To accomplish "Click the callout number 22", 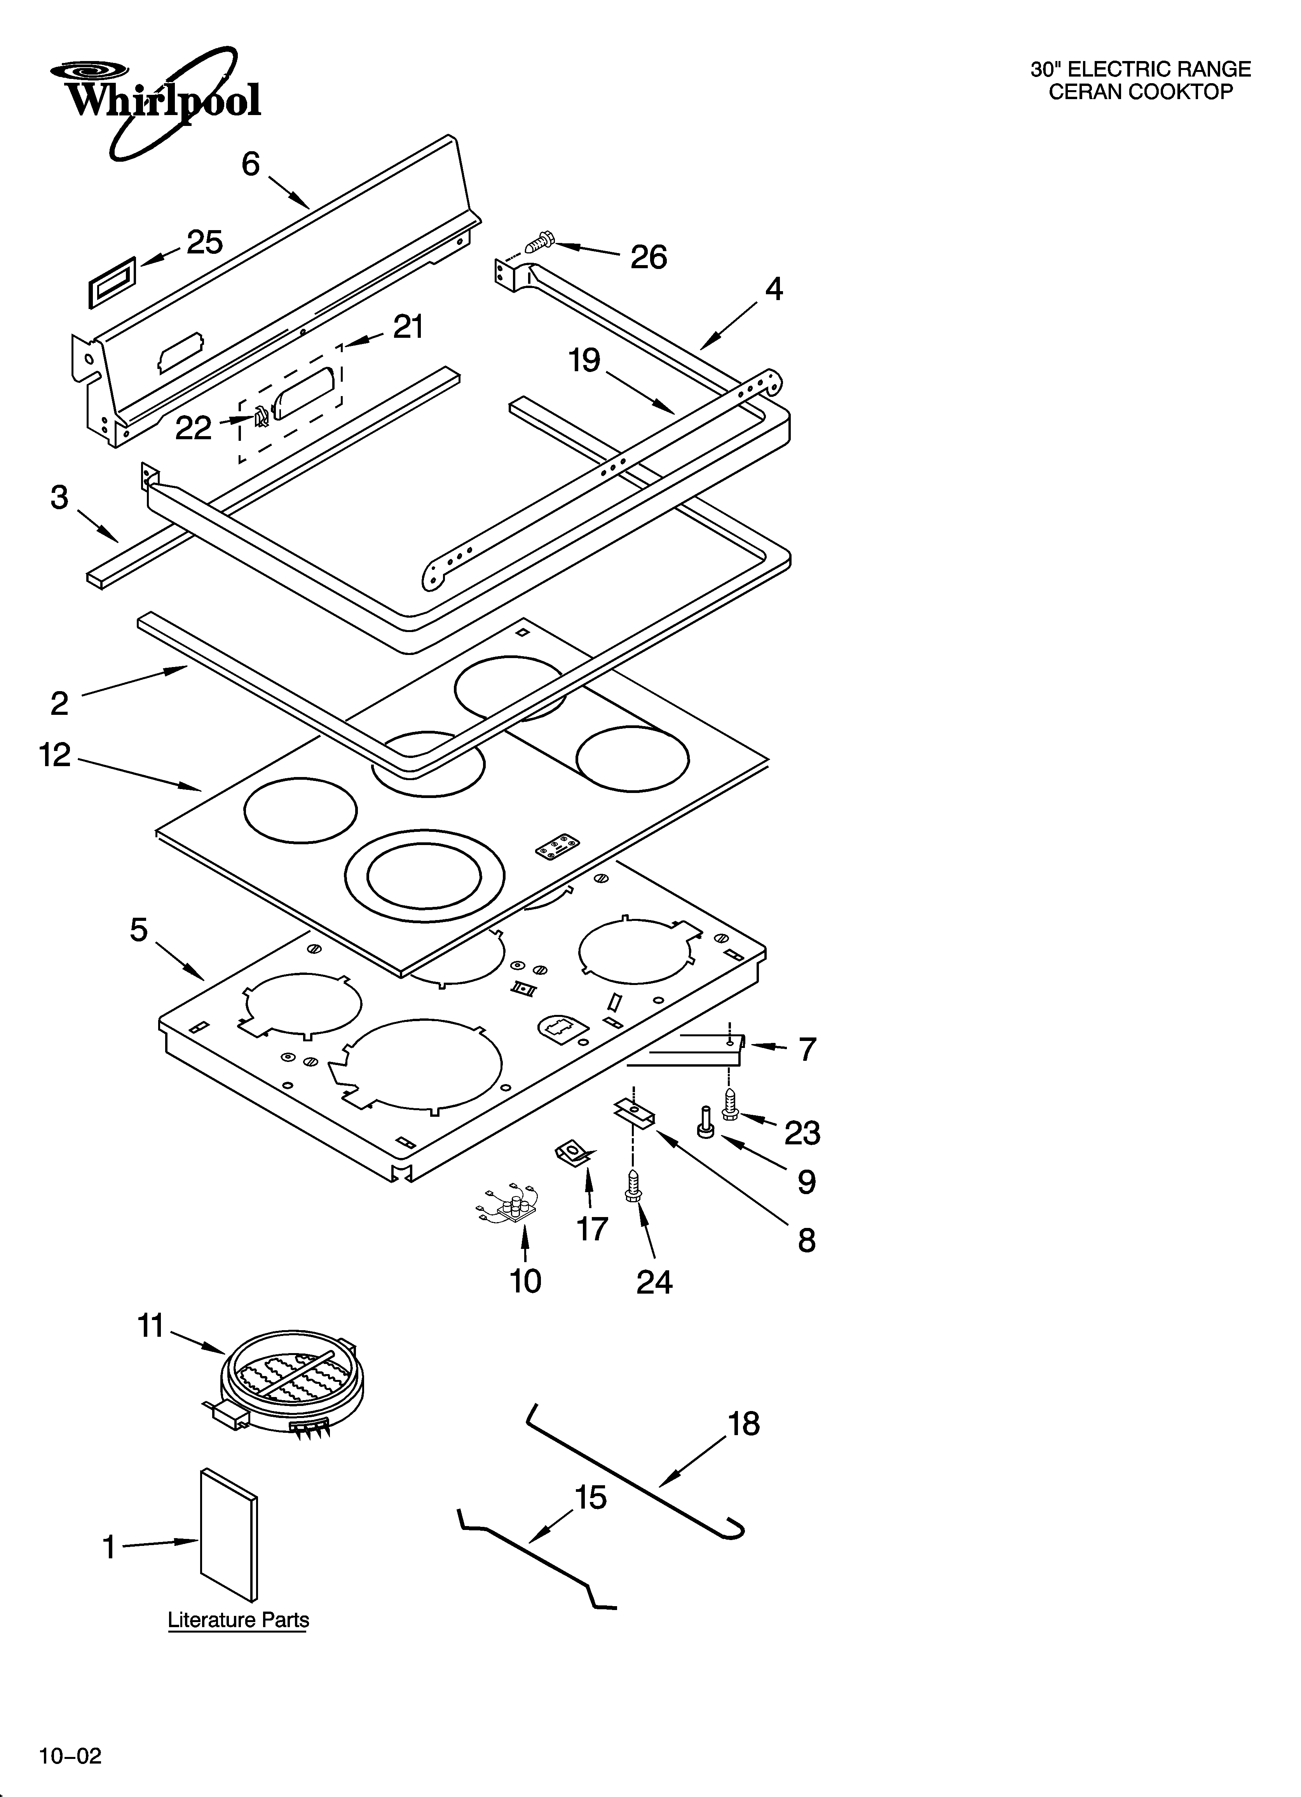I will (194, 429).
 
